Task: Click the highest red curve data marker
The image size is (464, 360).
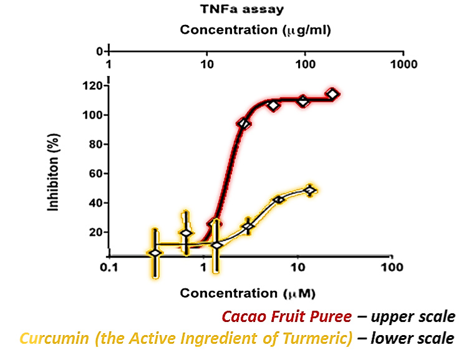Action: tap(332, 94)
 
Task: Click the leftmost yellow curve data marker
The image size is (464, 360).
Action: tap(155, 253)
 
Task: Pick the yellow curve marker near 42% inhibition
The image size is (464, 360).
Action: tap(279, 200)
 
